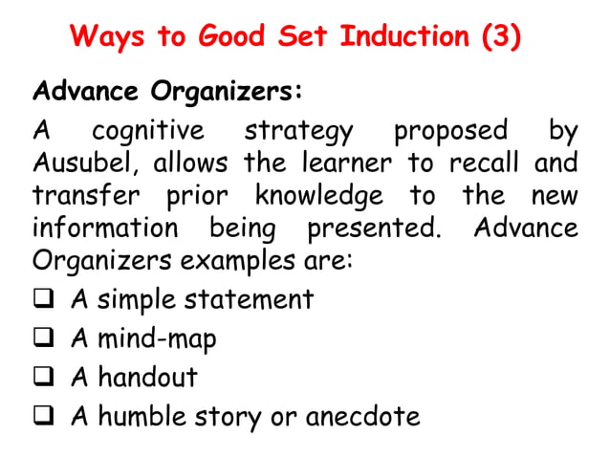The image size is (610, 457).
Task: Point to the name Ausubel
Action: [86, 163]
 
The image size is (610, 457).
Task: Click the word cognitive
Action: [147, 130]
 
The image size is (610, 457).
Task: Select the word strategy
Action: [298, 130]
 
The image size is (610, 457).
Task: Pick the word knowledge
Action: [318, 196]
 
